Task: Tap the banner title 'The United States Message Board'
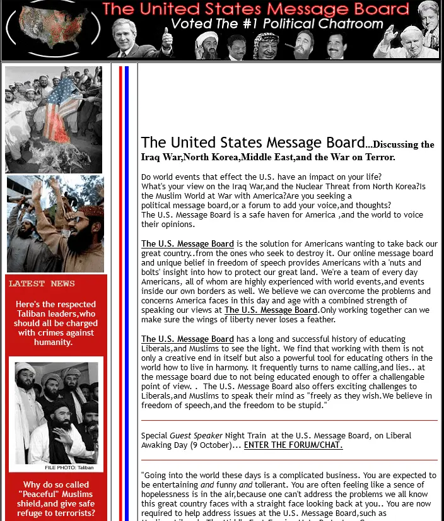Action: (x=255, y=9)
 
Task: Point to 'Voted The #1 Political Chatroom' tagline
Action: (x=277, y=24)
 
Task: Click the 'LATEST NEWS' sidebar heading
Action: (x=42, y=284)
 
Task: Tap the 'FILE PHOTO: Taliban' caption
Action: (x=69, y=467)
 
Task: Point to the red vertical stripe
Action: (x=120, y=290)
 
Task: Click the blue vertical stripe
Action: (x=127, y=290)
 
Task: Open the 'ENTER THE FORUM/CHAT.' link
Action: (x=293, y=445)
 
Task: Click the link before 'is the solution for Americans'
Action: (x=187, y=244)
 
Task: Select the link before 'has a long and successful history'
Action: (x=187, y=339)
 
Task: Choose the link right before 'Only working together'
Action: (x=271, y=310)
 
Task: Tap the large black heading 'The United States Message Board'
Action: (x=253, y=143)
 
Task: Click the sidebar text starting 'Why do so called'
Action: (x=56, y=499)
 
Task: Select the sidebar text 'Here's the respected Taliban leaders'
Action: (x=56, y=323)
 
